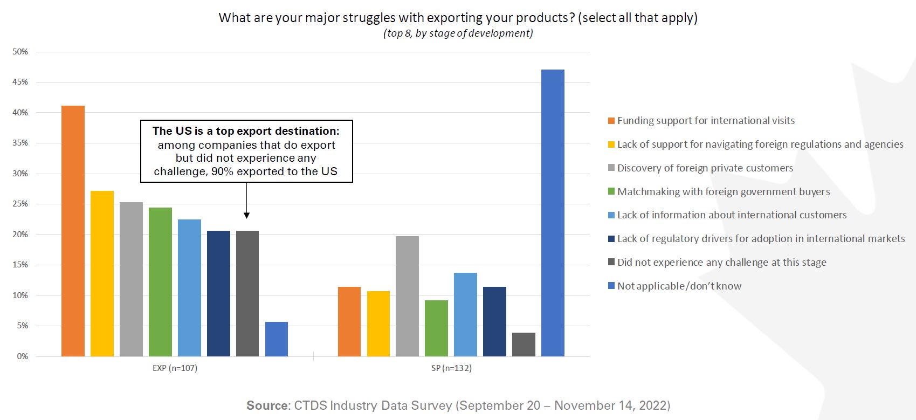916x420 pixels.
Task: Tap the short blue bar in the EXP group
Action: pyautogui.click(x=277, y=339)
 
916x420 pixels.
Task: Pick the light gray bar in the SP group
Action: pyautogui.click(x=407, y=296)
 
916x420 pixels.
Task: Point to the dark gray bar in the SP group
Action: pyautogui.click(x=524, y=345)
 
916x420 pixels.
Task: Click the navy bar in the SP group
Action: pyautogui.click(x=494, y=321)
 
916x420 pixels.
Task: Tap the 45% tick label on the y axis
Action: pyautogui.click(x=20, y=82)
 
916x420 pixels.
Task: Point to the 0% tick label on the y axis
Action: pyautogui.click(x=22, y=356)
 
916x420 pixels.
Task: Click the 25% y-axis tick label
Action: pyautogui.click(x=20, y=204)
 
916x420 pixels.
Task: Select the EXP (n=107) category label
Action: pyautogui.click(x=175, y=368)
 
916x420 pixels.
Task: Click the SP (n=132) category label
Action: pyautogui.click(x=451, y=368)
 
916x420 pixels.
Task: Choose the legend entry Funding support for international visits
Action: pyautogui.click(x=706, y=121)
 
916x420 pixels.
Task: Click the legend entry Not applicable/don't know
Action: pyautogui.click(x=679, y=286)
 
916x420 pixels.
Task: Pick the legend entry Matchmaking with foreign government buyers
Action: pyautogui.click(x=724, y=192)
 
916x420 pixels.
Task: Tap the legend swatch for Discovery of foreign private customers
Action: pyautogui.click(x=611, y=168)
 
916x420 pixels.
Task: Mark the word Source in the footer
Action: pyautogui.click(x=267, y=405)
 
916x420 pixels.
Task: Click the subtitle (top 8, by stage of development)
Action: pyautogui.click(x=458, y=33)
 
